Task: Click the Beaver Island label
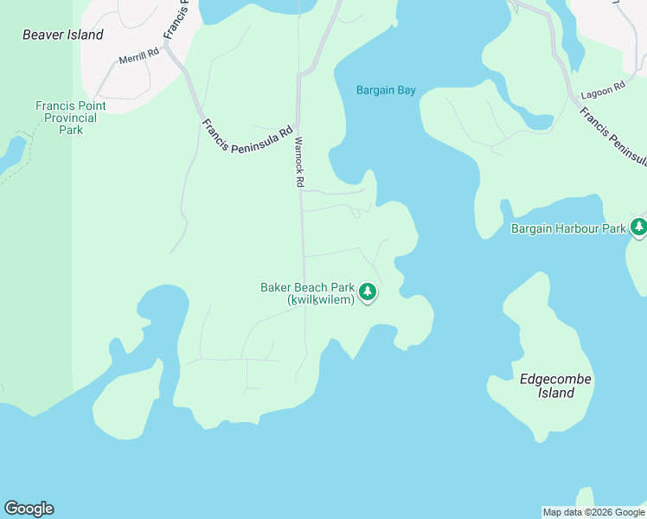click(62, 35)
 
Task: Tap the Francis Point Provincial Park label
click(71, 118)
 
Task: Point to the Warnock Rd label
click(299, 162)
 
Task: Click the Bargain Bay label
click(386, 90)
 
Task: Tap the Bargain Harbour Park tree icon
click(638, 227)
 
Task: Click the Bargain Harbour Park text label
click(567, 229)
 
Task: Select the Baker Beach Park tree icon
click(368, 292)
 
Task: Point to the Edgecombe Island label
click(547, 386)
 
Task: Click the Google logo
click(29, 509)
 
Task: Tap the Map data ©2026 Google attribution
click(594, 512)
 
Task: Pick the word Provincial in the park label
click(71, 118)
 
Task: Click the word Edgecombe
click(547, 379)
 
